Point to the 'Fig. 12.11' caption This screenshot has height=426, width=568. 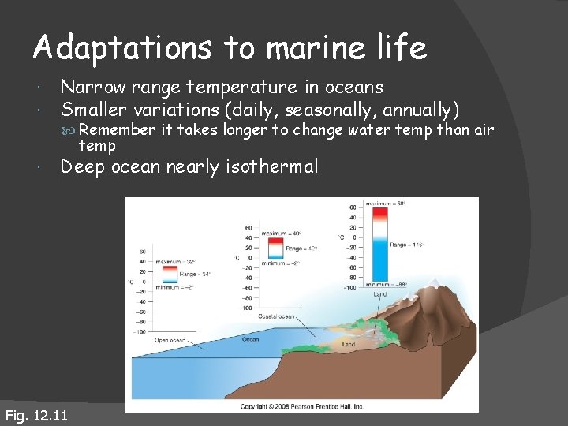(36, 416)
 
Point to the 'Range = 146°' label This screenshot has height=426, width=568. (409, 245)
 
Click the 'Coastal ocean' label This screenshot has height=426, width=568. (276, 316)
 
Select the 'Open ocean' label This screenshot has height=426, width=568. (170, 340)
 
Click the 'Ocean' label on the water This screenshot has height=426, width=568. (249, 340)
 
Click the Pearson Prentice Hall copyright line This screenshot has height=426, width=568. (301, 406)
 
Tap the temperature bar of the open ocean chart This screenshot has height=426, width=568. (169, 275)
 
